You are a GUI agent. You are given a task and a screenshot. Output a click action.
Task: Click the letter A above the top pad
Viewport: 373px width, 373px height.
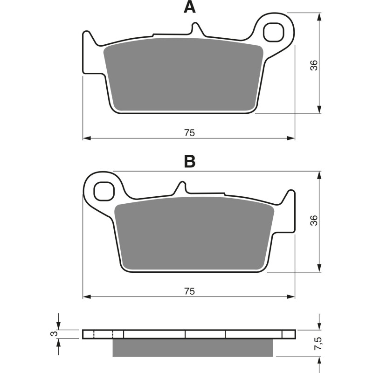pos(189,7)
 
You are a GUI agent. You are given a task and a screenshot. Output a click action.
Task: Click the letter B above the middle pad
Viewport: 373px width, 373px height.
pos(189,161)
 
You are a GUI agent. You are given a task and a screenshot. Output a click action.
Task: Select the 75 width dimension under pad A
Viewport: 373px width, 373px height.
pos(189,133)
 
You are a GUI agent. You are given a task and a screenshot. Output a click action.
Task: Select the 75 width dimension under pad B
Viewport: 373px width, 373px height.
pos(189,291)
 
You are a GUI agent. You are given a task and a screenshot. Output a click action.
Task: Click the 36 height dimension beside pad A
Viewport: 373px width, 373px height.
pos(315,65)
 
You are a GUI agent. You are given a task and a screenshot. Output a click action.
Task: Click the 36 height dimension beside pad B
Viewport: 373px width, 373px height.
pos(315,221)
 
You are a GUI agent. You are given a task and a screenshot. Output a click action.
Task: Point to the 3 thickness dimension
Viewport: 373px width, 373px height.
pos(54,334)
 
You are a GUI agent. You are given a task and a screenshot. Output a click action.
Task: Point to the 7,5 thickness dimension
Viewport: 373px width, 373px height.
pos(318,345)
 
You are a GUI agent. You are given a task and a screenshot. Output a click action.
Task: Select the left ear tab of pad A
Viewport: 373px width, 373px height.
pos(89,51)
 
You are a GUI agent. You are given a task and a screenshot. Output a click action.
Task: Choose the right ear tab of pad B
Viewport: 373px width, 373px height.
pos(290,210)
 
